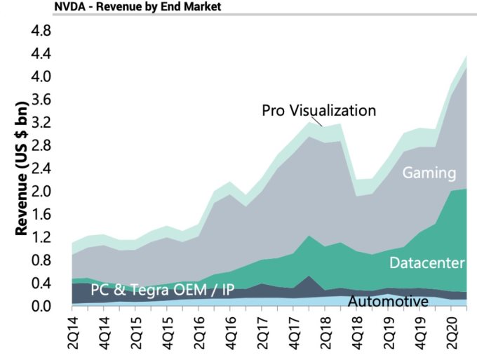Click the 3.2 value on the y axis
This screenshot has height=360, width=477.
coord(42,122)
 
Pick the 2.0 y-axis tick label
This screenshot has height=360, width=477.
coord(42,191)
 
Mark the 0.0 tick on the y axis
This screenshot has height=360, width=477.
coord(42,307)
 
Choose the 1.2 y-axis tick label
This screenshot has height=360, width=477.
coord(42,237)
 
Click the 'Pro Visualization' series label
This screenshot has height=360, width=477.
coord(319,110)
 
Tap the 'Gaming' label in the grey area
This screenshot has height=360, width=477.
coord(429,173)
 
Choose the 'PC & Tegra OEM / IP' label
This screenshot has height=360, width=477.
coord(162,290)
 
